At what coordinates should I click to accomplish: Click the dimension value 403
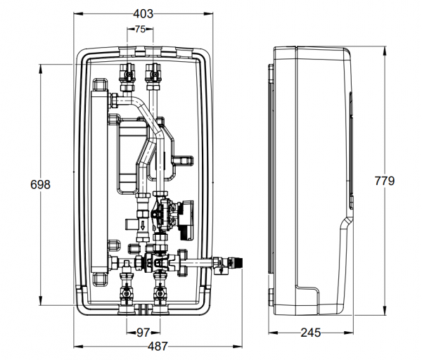(x=142, y=14)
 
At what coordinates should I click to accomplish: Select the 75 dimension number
(x=140, y=30)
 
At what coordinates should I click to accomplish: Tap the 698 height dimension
(x=41, y=184)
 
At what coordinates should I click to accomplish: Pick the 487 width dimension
(x=159, y=346)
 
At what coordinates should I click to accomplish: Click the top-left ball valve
(x=129, y=72)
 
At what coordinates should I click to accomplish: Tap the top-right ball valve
(x=152, y=72)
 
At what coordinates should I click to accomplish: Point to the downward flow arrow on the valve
(x=144, y=225)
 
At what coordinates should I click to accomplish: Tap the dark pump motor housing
(x=184, y=214)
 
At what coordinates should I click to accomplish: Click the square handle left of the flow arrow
(x=130, y=223)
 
